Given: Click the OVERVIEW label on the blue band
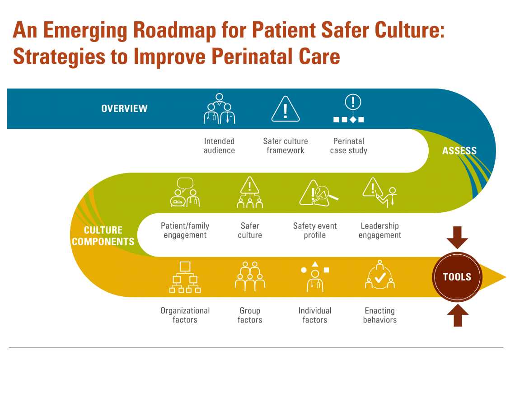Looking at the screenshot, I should pyautogui.click(x=124, y=109).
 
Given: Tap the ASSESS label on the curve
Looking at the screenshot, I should pyautogui.click(x=459, y=151).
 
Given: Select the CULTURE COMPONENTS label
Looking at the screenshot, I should pyautogui.click(x=103, y=236).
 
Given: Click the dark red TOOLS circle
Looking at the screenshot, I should pyautogui.click(x=457, y=277).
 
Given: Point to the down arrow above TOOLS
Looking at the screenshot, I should pyautogui.click(x=457, y=238).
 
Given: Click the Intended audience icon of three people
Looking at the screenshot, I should pyautogui.click(x=220, y=109).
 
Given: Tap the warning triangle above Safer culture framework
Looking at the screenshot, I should pyautogui.click(x=285, y=109).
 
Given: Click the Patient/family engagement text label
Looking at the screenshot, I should pyautogui.click(x=185, y=230).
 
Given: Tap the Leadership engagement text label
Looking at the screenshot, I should pyautogui.click(x=380, y=230).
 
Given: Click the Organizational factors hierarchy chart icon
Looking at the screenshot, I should pyautogui.click(x=185, y=277).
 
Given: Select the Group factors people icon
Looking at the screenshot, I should pyautogui.click(x=250, y=277).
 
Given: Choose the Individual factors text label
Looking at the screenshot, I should pyautogui.click(x=315, y=315).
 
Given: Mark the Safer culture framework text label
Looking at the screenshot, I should pyautogui.click(x=285, y=146).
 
